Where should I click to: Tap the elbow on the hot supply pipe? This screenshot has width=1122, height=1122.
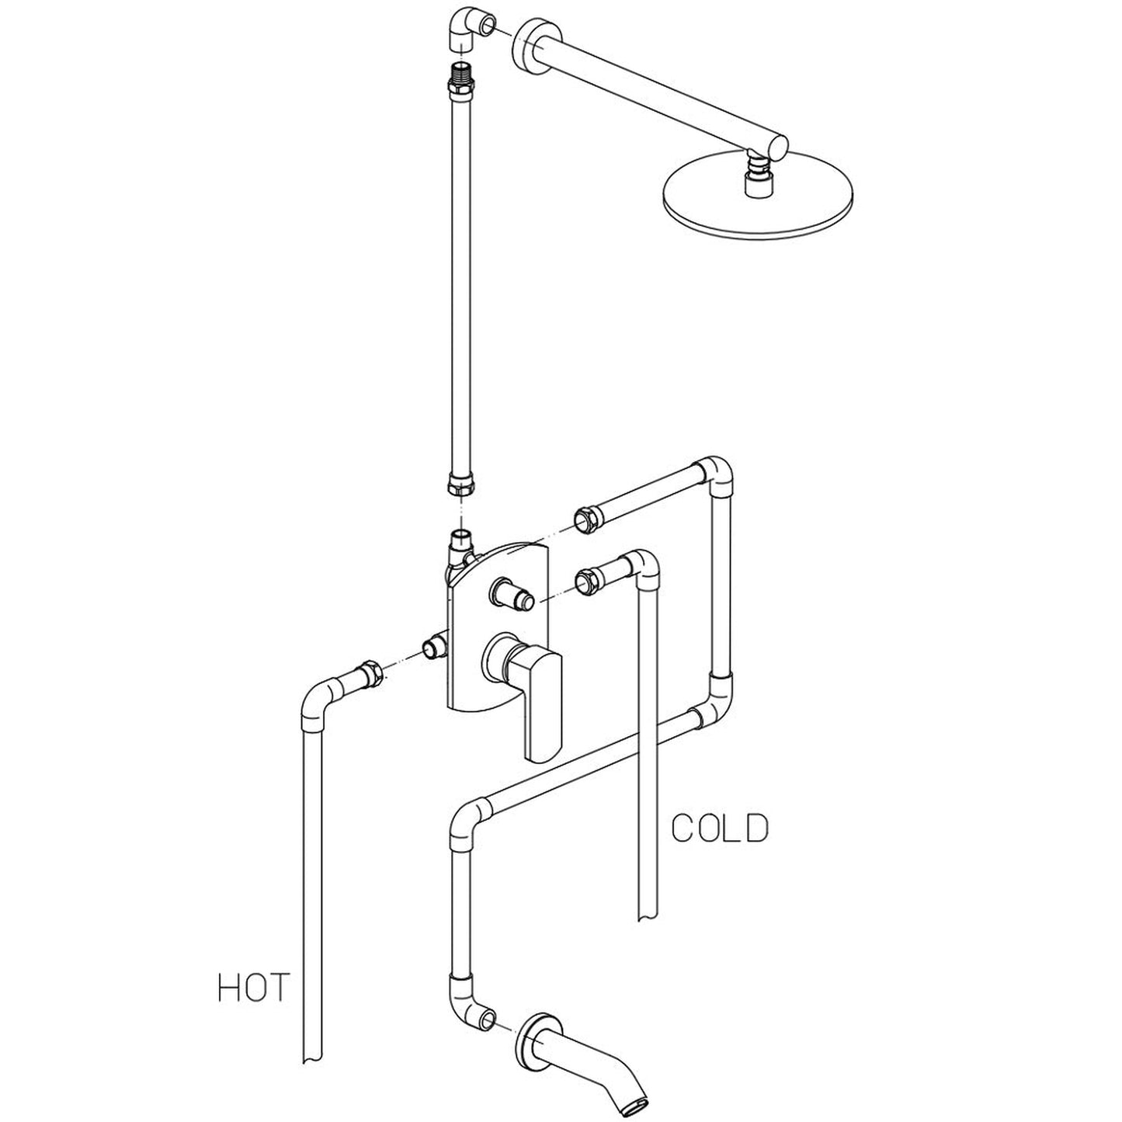pos(318,703)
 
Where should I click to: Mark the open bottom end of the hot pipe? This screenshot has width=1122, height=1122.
pos(311,1055)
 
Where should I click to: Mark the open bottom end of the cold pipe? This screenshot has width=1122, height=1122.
pos(648,915)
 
